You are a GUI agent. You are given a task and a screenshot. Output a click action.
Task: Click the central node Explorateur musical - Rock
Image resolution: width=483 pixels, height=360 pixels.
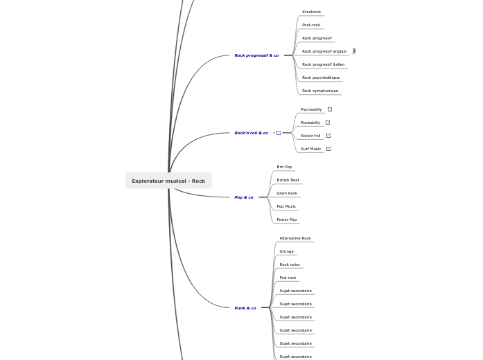coord(168,181)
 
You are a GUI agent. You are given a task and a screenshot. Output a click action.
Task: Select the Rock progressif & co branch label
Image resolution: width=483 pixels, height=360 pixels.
coord(256,55)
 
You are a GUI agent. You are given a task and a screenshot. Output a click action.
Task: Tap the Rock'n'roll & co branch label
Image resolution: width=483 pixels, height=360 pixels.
coord(251,133)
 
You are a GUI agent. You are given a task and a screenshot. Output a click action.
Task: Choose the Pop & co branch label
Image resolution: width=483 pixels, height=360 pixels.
coord(244,197)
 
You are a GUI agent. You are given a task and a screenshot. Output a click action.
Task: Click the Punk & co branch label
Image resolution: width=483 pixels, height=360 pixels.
coord(245,308)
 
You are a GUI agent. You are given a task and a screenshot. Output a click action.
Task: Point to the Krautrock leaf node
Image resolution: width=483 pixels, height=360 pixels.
coord(311,12)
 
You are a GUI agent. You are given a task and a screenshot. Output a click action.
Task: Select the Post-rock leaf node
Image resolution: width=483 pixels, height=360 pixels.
coord(311,25)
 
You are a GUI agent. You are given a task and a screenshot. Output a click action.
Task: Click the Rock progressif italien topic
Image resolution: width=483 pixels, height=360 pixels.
coord(323,64)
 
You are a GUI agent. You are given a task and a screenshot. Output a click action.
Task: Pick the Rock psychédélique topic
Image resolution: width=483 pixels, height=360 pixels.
coord(321,78)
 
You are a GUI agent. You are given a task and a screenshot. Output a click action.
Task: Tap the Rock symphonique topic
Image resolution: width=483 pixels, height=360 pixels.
coord(320,91)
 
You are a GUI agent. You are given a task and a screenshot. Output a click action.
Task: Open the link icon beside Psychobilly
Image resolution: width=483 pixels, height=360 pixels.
coord(330,109)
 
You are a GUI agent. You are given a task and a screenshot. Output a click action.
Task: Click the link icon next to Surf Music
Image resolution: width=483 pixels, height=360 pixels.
coord(328,149)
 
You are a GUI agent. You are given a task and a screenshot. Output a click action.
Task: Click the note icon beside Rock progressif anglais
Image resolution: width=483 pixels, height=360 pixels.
coord(354,51)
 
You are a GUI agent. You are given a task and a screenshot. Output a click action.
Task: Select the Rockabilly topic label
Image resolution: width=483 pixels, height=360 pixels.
coord(310,123)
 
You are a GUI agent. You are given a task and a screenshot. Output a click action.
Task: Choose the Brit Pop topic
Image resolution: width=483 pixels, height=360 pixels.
coord(284,167)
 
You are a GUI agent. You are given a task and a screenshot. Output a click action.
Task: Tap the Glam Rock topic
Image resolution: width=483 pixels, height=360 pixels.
coord(287,193)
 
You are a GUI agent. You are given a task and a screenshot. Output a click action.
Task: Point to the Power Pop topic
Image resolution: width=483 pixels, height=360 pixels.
coord(286,219)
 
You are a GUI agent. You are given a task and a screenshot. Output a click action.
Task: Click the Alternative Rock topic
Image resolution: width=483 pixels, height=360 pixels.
coord(295,238)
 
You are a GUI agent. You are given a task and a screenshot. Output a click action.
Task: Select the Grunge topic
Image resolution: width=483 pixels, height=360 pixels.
coord(286,251)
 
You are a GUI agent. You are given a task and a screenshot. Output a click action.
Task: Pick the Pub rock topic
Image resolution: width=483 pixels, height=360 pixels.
coord(288,278)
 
